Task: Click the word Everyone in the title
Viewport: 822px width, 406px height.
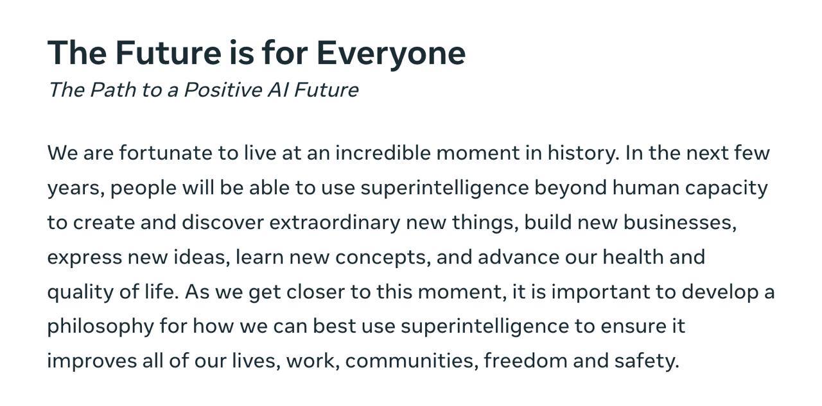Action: click(391, 54)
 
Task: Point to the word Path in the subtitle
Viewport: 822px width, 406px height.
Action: click(113, 90)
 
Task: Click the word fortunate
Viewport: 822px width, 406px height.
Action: click(166, 153)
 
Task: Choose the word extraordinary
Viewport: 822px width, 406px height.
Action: click(335, 223)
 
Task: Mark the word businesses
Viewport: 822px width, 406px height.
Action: click(680, 223)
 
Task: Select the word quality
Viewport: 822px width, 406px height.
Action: click(80, 292)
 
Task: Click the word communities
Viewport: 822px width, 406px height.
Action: click(412, 361)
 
